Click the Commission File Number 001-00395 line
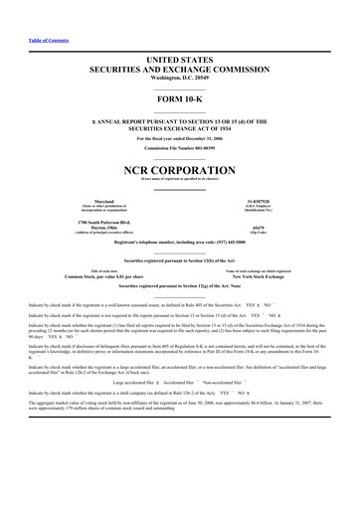pos(179,146)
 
